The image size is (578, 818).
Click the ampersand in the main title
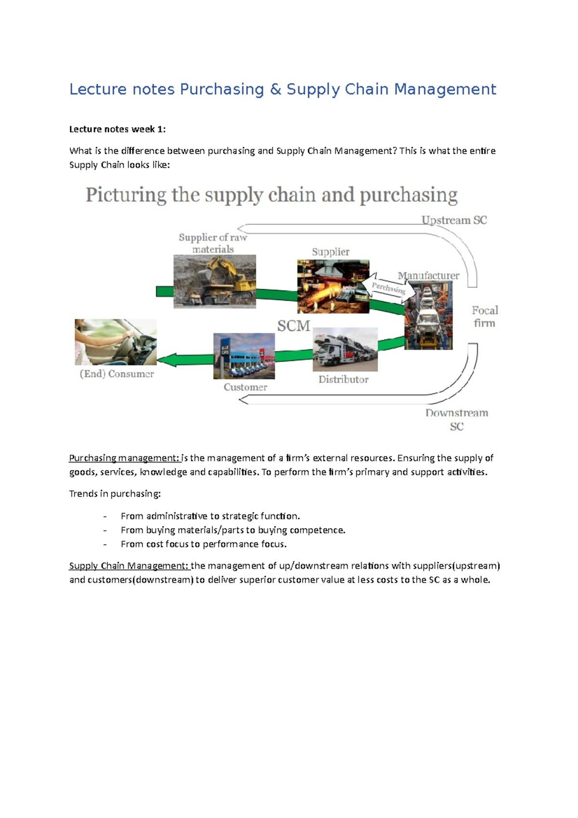coord(276,90)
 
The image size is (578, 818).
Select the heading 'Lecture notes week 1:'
coord(117,129)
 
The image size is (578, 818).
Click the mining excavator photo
coord(214,281)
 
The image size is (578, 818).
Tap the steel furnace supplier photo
coord(333,287)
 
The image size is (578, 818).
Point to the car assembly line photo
coord(428,315)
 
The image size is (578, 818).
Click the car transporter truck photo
coord(345,350)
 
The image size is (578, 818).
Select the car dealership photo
coord(244,356)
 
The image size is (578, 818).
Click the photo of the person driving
coord(116,342)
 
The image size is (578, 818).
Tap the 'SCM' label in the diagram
coord(293,326)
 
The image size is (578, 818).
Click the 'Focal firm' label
coord(485,317)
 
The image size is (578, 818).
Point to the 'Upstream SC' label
coord(454,220)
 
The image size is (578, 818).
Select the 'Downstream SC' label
coord(457,419)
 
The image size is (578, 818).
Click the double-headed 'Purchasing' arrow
coord(388,288)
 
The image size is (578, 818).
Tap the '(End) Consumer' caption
coord(117,374)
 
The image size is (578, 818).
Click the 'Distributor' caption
coord(343,380)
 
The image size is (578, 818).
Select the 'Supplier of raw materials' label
coord(213,243)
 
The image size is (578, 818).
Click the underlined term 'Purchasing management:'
coord(124,458)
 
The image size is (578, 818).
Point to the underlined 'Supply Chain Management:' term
coord(129,566)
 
